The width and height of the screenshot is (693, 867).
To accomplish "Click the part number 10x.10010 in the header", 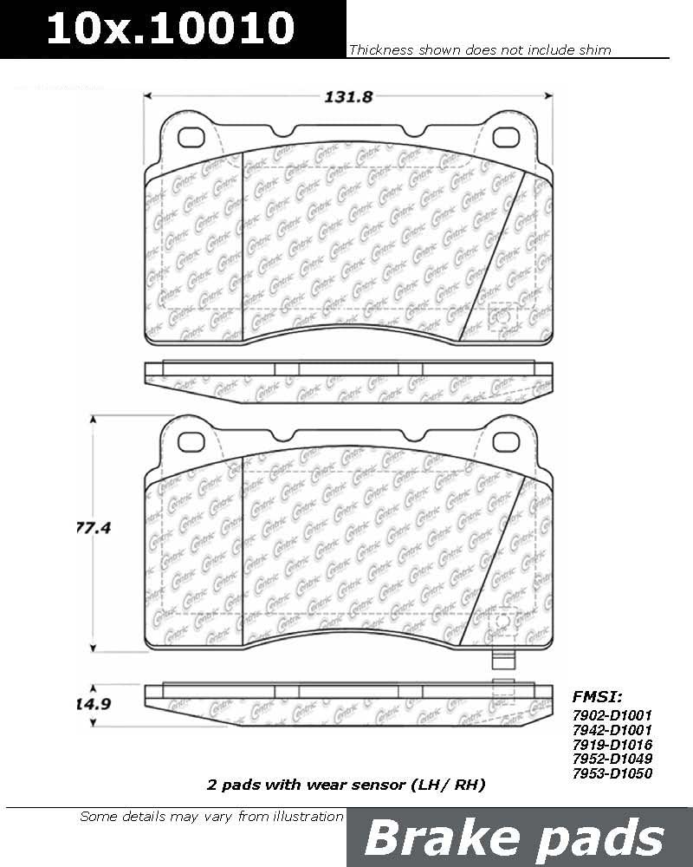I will coord(171,29).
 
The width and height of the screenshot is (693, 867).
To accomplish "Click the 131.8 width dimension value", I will coord(347,97).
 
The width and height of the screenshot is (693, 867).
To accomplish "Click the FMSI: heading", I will coord(597,695).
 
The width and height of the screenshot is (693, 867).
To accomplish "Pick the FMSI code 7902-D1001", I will coord(612,715).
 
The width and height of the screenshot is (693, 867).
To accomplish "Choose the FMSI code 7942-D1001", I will coord(612,730).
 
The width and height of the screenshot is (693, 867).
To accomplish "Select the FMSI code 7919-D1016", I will coord(612,745).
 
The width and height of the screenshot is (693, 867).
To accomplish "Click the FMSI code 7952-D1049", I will coord(612,759).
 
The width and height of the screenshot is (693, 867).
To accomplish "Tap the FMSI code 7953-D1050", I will coord(612,773).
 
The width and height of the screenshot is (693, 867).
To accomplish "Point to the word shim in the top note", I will coord(595,50).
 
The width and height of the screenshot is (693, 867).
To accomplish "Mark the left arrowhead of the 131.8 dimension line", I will coord(148,97).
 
